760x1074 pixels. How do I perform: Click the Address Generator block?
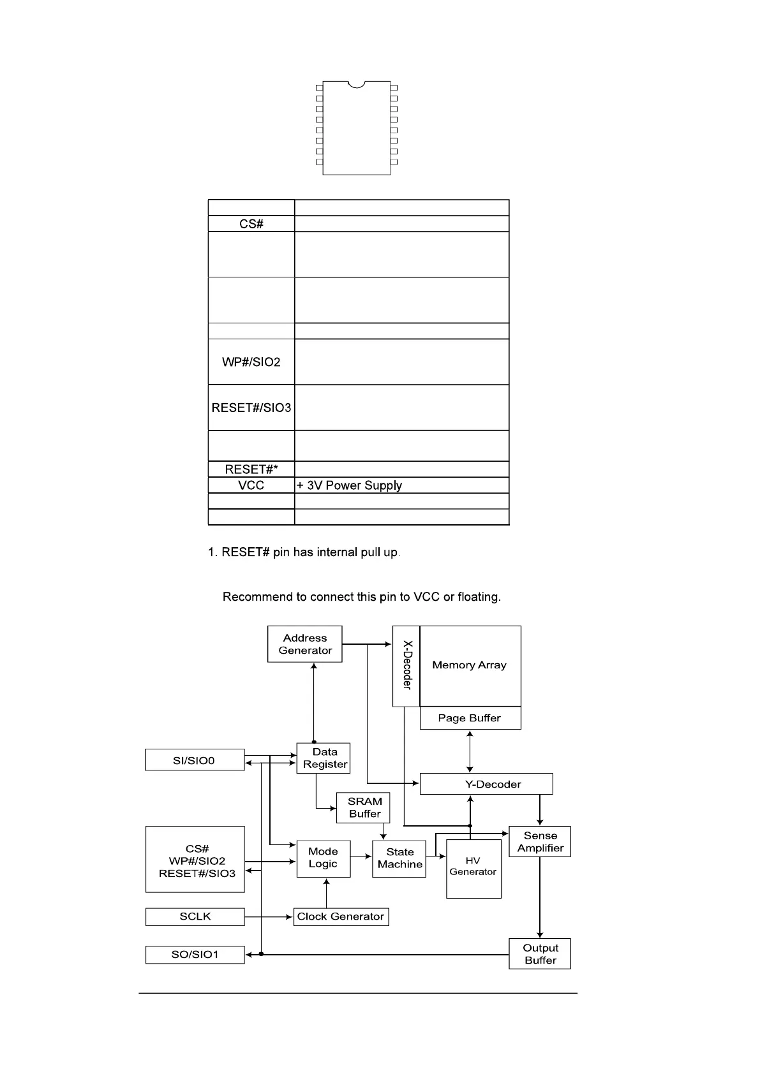pos(304,644)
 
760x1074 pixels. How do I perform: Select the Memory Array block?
pos(470,665)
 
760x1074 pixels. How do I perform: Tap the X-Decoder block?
pos(406,666)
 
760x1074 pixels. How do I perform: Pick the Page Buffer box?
pos(470,718)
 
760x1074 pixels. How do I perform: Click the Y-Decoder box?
pos(486,784)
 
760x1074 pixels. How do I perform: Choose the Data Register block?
pos(324,758)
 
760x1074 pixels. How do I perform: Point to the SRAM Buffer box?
pos(363,807)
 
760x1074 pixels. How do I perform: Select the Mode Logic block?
pos(323,858)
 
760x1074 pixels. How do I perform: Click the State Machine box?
pos(399,858)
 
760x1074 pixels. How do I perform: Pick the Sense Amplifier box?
pos(540,842)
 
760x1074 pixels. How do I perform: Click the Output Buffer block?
pos(540,954)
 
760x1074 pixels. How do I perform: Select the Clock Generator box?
pos(341,917)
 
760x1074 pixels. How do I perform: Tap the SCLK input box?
pos(195,917)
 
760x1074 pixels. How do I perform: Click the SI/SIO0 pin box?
pos(195,760)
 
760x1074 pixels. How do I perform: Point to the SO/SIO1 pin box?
pos(195,955)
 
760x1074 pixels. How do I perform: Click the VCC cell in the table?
pos(251,485)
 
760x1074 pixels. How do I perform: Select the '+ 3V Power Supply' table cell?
pos(401,485)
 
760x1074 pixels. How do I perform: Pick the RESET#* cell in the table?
pos(251,469)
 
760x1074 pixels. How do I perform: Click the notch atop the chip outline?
pos(357,84)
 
